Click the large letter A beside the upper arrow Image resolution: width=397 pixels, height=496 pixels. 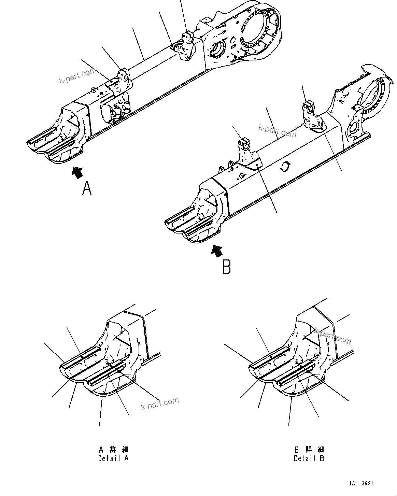87,188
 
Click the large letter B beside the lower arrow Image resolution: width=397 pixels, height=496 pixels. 226,267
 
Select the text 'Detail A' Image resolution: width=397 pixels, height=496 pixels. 113,458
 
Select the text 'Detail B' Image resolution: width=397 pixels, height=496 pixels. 309,458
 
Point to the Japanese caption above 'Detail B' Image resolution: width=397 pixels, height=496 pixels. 309,450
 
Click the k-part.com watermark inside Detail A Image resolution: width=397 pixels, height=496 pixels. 160,404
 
